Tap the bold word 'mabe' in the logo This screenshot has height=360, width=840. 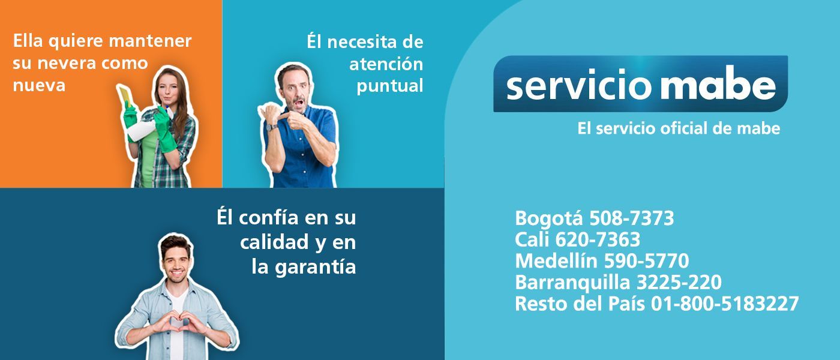[718, 86]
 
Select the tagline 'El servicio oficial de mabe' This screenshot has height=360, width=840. [678, 128]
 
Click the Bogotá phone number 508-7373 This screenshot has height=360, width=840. [631, 218]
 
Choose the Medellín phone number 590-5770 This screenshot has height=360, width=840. [646, 262]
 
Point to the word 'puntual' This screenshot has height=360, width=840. [390, 86]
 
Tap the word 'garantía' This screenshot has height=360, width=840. [316, 266]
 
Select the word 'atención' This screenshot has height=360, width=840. [386, 64]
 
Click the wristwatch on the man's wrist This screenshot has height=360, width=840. [272, 127]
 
